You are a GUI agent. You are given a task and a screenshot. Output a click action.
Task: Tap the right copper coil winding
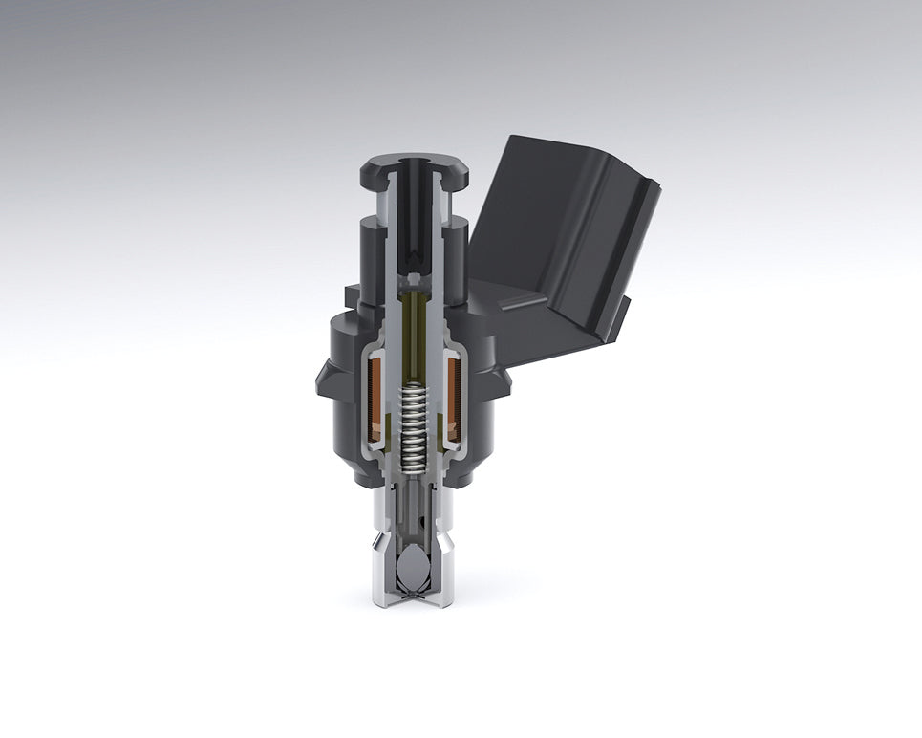(x=453, y=397)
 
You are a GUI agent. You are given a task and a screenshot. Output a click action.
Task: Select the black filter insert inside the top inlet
(x=413, y=220)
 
